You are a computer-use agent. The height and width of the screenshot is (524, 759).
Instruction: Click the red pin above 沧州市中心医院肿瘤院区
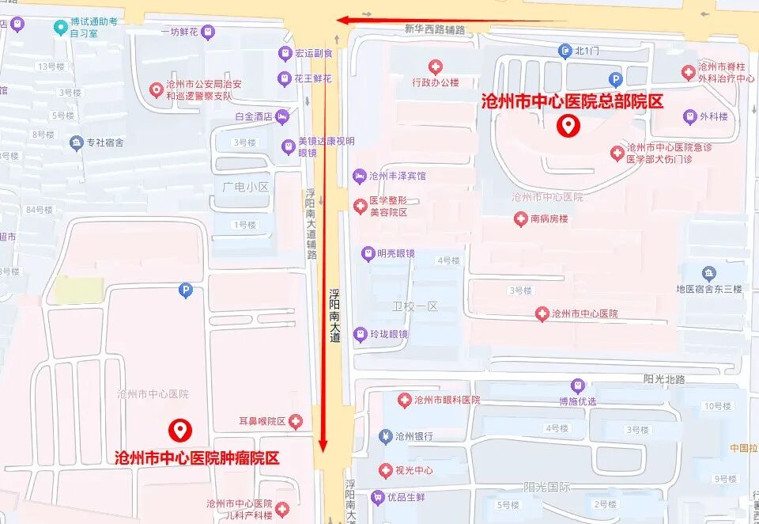[x=180, y=430]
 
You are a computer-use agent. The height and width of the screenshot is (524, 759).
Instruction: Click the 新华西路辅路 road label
[x=434, y=29]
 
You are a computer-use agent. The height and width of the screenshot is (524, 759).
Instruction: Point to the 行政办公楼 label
[x=436, y=82]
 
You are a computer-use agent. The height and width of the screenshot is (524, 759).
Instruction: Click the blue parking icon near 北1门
[x=615, y=78]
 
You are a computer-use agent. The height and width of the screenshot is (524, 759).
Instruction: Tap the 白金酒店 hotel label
[x=254, y=116]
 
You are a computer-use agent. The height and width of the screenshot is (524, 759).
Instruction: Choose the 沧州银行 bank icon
[x=385, y=436]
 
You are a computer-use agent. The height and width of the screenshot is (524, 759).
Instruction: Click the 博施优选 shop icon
[x=578, y=385]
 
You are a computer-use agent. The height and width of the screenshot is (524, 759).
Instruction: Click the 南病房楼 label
[x=549, y=219]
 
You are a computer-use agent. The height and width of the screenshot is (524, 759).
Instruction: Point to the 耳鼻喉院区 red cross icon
[x=296, y=421]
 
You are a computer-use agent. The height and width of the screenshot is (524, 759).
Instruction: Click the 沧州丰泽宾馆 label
[x=397, y=175]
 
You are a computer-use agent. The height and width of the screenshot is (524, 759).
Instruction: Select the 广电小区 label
[x=246, y=187]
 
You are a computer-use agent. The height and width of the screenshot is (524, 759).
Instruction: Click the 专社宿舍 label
[x=105, y=143]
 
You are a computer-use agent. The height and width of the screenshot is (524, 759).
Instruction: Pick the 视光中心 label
[x=413, y=471]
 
